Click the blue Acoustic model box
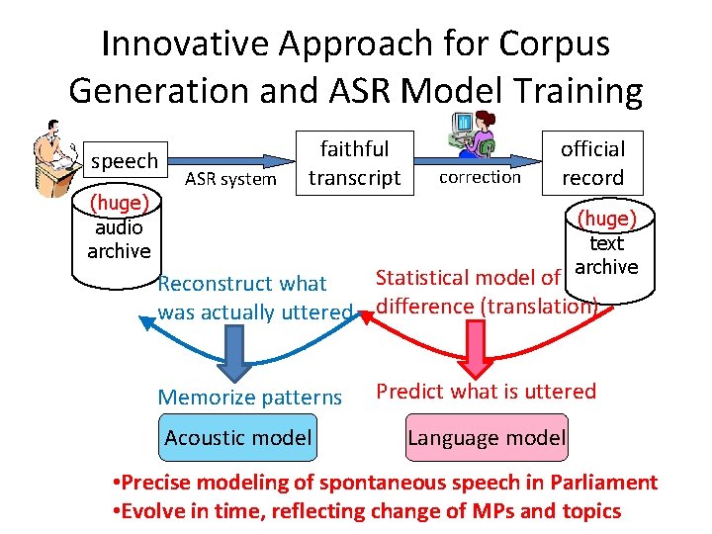pyautogui.click(x=238, y=437)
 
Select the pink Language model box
pyautogui.click(x=487, y=437)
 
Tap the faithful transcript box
pyautogui.click(x=354, y=163)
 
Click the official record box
pyautogui.click(x=592, y=163)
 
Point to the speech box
pyautogui.click(x=125, y=161)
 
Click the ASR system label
pyautogui.click(x=230, y=179)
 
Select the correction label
pyautogui.click(x=479, y=178)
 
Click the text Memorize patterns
pyautogui.click(x=249, y=398)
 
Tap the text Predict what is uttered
pyautogui.click(x=486, y=391)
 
